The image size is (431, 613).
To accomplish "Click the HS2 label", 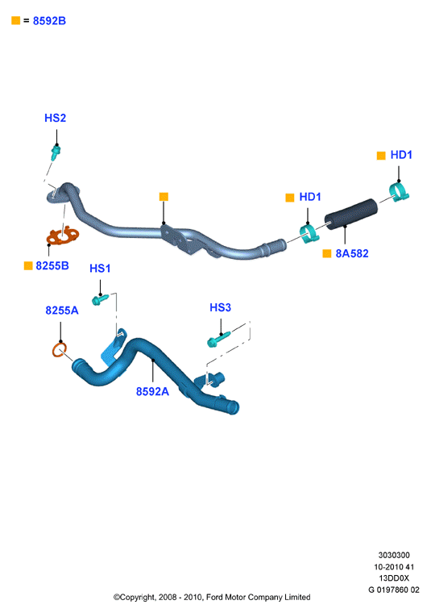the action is [x=55, y=118].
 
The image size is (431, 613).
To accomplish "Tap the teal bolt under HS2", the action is [x=56, y=152].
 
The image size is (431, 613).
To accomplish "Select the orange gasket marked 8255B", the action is [x=63, y=236].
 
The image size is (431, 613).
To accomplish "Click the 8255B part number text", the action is [x=52, y=266].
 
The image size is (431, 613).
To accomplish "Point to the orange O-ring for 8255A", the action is [x=59, y=349].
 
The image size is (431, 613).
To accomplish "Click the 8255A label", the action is [x=62, y=311].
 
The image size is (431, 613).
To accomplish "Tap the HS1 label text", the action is [x=100, y=269].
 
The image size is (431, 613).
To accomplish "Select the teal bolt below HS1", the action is [x=101, y=299].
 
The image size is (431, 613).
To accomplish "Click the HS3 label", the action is [x=220, y=307].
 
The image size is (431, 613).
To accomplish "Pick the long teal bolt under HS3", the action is [x=218, y=339].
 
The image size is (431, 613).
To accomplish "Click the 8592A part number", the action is [x=152, y=391].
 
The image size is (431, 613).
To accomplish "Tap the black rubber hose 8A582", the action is [x=351, y=215].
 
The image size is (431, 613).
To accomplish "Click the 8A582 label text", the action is [x=352, y=254].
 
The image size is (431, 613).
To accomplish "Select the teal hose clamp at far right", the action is [x=399, y=192].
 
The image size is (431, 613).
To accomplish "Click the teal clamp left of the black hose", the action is [x=309, y=234].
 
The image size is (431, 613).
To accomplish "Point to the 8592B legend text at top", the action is [x=49, y=21].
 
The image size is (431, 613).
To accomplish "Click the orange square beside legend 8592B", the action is [x=15, y=20].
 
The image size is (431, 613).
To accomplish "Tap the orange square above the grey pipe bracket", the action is [x=164, y=197].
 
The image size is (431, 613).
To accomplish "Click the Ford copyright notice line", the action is [x=212, y=598].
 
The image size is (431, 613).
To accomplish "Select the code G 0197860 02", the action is [x=394, y=590].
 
